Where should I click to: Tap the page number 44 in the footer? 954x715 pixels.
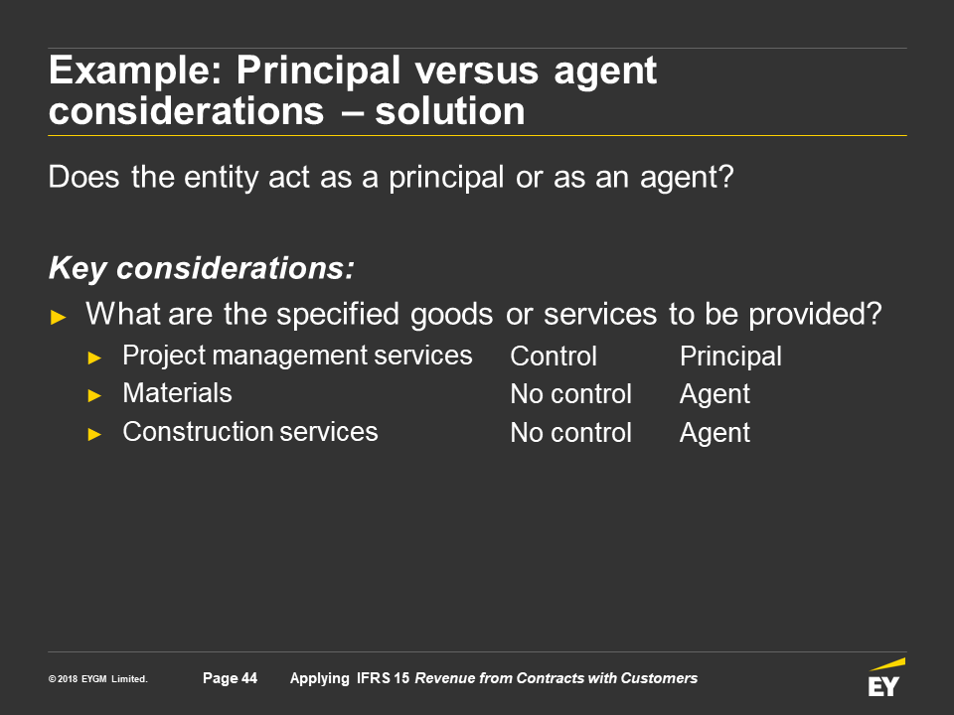(249, 678)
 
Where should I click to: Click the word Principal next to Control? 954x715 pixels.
(730, 357)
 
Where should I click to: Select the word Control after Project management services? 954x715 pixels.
(554, 357)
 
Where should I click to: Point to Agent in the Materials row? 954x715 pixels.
(715, 395)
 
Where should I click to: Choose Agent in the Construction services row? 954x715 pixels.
(715, 434)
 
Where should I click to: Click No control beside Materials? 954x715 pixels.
(570, 394)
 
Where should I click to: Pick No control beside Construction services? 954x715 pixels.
(570, 433)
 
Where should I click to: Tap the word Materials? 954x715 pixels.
(177, 393)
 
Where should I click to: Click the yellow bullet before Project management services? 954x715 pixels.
(94, 358)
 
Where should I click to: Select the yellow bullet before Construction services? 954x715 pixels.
(94, 434)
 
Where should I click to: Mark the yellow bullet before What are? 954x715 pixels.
(58, 317)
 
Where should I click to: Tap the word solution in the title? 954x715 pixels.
(449, 111)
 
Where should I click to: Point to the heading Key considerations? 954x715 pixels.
(202, 269)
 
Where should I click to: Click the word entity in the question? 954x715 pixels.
(222, 178)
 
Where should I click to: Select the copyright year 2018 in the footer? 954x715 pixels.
(68, 679)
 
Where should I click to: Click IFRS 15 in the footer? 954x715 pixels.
(383, 678)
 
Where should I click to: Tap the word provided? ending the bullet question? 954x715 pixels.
(815, 315)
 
